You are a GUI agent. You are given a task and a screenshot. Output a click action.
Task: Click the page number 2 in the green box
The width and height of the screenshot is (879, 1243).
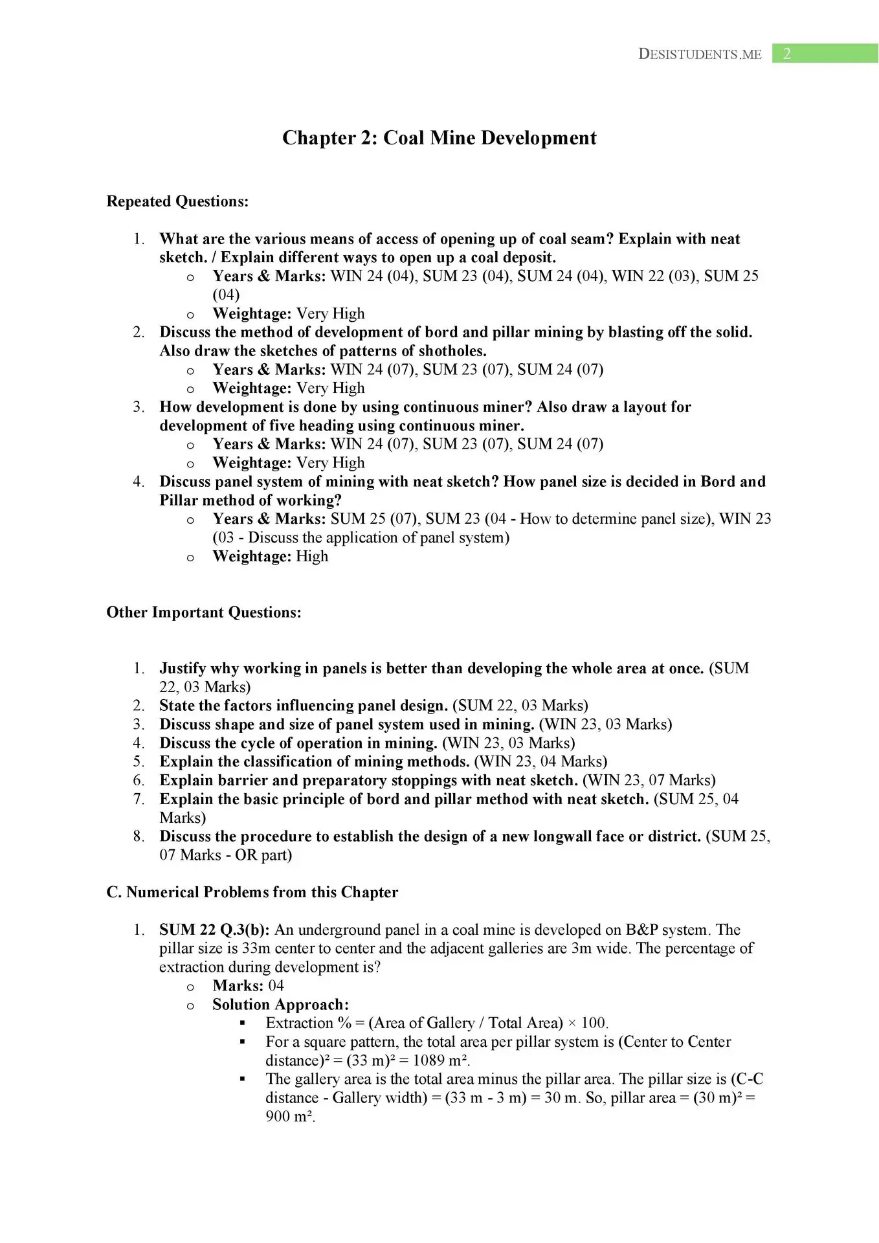(x=787, y=54)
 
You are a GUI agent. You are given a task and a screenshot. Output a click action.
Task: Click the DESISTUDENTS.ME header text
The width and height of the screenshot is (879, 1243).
(x=700, y=54)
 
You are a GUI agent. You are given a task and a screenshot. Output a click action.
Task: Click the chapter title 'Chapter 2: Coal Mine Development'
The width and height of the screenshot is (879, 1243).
(x=439, y=138)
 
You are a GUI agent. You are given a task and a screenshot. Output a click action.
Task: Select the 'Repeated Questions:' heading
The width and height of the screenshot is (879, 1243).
(x=177, y=201)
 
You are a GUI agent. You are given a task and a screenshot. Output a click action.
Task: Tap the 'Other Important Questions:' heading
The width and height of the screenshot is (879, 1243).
(x=204, y=612)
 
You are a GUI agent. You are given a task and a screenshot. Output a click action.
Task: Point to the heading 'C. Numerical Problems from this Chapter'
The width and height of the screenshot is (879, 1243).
(x=252, y=892)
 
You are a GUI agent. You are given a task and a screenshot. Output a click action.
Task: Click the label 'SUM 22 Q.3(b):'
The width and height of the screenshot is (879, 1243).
(x=214, y=930)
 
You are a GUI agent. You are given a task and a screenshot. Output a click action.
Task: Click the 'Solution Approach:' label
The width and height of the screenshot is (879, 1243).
(x=280, y=1004)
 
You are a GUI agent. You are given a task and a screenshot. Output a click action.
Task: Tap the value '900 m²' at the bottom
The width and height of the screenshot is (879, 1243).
(x=290, y=1116)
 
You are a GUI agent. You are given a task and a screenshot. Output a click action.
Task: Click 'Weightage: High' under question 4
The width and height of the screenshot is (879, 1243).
(x=270, y=556)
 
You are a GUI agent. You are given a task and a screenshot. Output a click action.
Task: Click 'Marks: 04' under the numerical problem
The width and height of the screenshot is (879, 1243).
(x=248, y=985)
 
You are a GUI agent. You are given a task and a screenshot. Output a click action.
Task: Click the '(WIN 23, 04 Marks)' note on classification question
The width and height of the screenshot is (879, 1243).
(x=540, y=761)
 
